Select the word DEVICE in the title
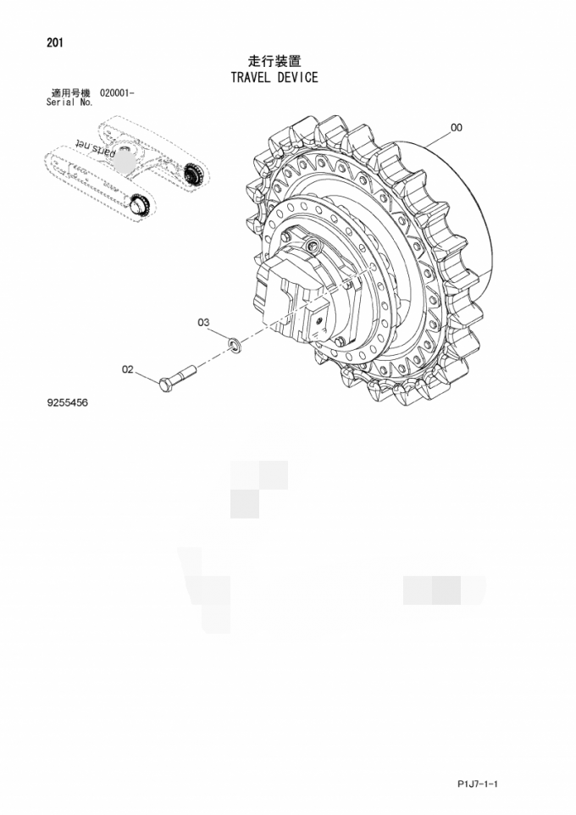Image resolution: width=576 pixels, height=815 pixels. (x=297, y=77)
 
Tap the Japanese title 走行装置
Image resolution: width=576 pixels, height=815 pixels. (x=274, y=61)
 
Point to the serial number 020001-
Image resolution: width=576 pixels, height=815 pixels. (x=117, y=92)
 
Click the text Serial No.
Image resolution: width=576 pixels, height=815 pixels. (x=69, y=102)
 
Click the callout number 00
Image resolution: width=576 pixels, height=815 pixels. (x=456, y=128)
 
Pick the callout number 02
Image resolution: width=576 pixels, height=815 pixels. (x=128, y=369)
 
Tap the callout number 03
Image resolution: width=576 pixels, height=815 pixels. (x=203, y=322)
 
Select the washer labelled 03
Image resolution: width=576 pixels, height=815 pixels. (x=233, y=343)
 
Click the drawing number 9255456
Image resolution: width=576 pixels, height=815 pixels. (x=68, y=403)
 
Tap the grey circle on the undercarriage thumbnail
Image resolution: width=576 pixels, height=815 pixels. (x=126, y=159)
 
